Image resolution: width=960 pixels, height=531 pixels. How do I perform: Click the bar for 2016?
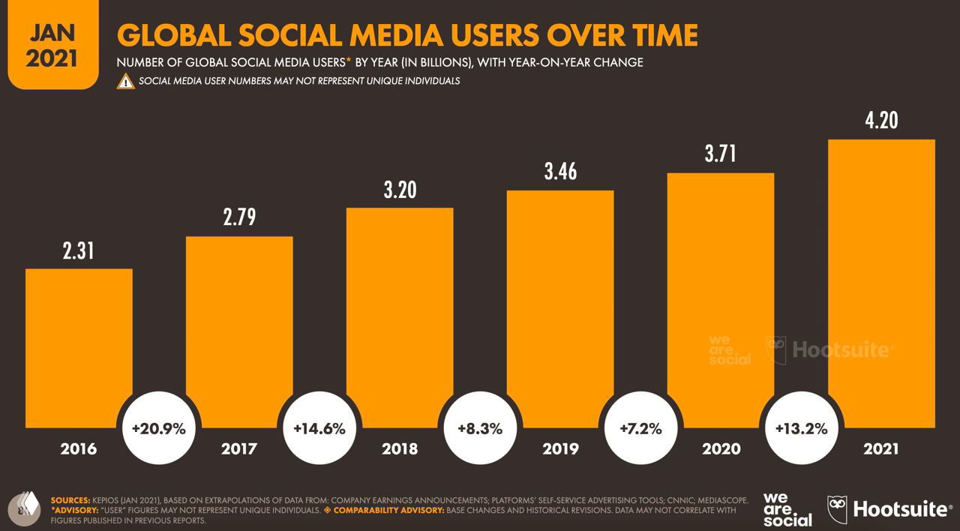[x=79, y=348]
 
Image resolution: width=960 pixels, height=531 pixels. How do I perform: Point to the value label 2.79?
[x=239, y=217]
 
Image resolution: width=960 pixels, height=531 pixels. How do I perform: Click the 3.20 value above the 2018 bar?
[x=400, y=190]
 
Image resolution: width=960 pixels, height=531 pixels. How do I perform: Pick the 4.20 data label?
[x=881, y=120]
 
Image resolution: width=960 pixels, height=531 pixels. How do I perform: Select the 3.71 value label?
[x=720, y=154]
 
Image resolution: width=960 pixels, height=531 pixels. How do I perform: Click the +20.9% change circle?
[x=158, y=429]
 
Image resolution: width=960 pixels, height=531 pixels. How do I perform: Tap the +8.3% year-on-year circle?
[x=480, y=429]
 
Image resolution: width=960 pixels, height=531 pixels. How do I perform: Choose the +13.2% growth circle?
[x=800, y=429]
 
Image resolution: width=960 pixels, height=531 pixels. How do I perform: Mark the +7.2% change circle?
[x=640, y=429]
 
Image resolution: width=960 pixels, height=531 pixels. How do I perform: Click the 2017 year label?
[x=239, y=449]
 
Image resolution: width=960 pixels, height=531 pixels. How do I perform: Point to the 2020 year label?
[x=721, y=449]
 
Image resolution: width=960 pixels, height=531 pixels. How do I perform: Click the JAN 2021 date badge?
[x=52, y=46]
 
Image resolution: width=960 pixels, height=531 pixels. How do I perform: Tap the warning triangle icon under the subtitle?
[x=125, y=81]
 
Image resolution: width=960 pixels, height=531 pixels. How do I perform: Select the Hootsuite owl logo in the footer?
[x=837, y=509]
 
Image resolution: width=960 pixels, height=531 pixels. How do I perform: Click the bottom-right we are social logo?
[x=787, y=510]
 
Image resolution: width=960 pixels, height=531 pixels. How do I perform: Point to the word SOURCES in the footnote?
[x=70, y=499]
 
